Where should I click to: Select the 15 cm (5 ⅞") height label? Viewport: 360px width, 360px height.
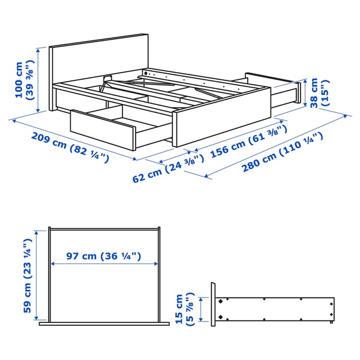tap(184, 309)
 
